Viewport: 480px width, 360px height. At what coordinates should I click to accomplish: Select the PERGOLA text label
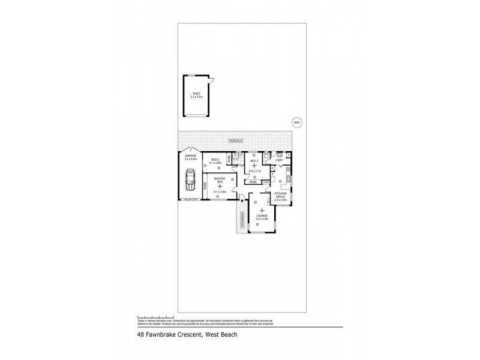(x=233, y=140)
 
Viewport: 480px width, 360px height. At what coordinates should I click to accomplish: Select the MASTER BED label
(x=219, y=179)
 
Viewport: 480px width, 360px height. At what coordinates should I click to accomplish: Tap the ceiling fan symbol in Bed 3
(x=254, y=166)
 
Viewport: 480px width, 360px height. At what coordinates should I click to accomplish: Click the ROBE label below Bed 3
(x=254, y=182)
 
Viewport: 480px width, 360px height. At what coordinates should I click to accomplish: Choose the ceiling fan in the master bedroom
(x=220, y=186)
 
